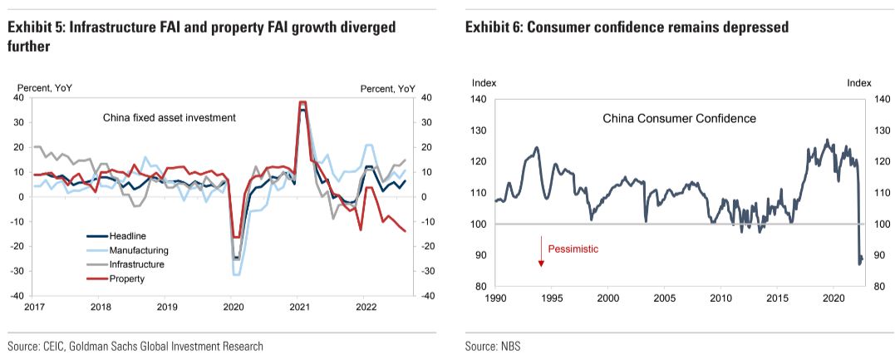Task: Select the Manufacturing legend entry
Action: pos(139,250)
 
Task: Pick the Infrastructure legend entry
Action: pos(136,264)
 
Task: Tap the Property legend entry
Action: pos(127,279)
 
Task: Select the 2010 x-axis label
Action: pos(720,298)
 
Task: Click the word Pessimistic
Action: pos(573,249)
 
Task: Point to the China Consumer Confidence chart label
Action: pos(679,119)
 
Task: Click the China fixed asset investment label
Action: pos(170,118)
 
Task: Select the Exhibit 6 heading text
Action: pos(627,28)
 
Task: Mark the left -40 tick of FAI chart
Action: pos(18,296)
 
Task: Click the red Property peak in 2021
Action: pos(303,102)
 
